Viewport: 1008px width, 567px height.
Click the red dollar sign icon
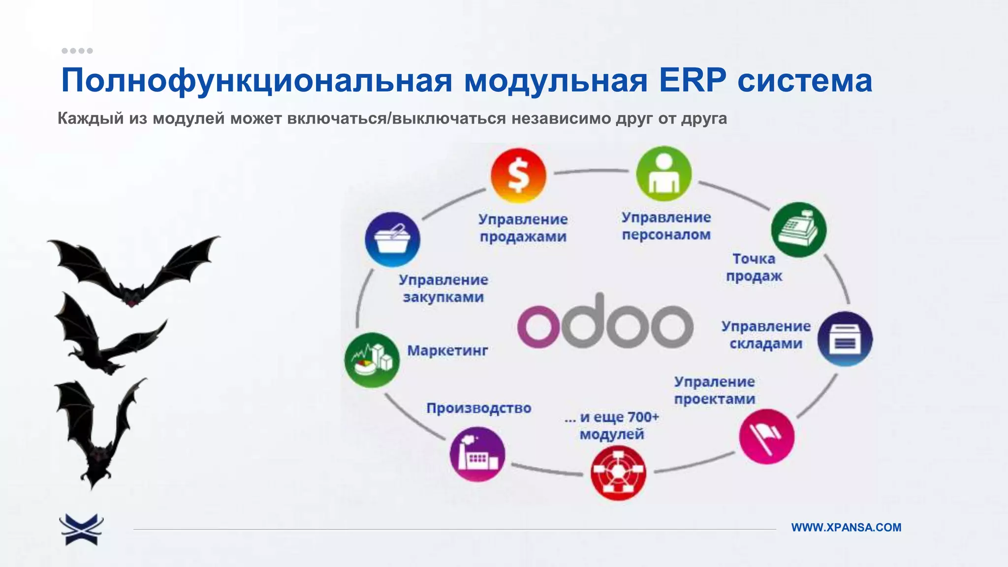[518, 176]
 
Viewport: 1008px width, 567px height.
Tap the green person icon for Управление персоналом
[663, 173]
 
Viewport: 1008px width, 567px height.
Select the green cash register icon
[799, 229]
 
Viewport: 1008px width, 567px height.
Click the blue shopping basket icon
[392, 239]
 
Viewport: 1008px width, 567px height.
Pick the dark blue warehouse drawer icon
[845, 339]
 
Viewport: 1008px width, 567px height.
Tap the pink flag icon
[766, 436]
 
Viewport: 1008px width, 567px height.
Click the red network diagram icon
[618, 473]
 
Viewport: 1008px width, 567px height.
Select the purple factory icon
[477, 454]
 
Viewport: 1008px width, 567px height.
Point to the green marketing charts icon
[372, 360]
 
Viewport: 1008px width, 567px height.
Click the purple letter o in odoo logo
[538, 327]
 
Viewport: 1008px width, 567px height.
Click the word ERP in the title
[693, 80]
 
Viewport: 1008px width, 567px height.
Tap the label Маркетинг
[447, 350]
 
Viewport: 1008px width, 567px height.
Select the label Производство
[478, 408]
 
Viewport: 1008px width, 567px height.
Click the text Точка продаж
[754, 267]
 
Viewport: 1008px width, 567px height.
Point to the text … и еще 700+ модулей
[612, 426]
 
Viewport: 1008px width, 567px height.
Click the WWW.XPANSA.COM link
[846, 527]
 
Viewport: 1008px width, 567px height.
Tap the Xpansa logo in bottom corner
[81, 529]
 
